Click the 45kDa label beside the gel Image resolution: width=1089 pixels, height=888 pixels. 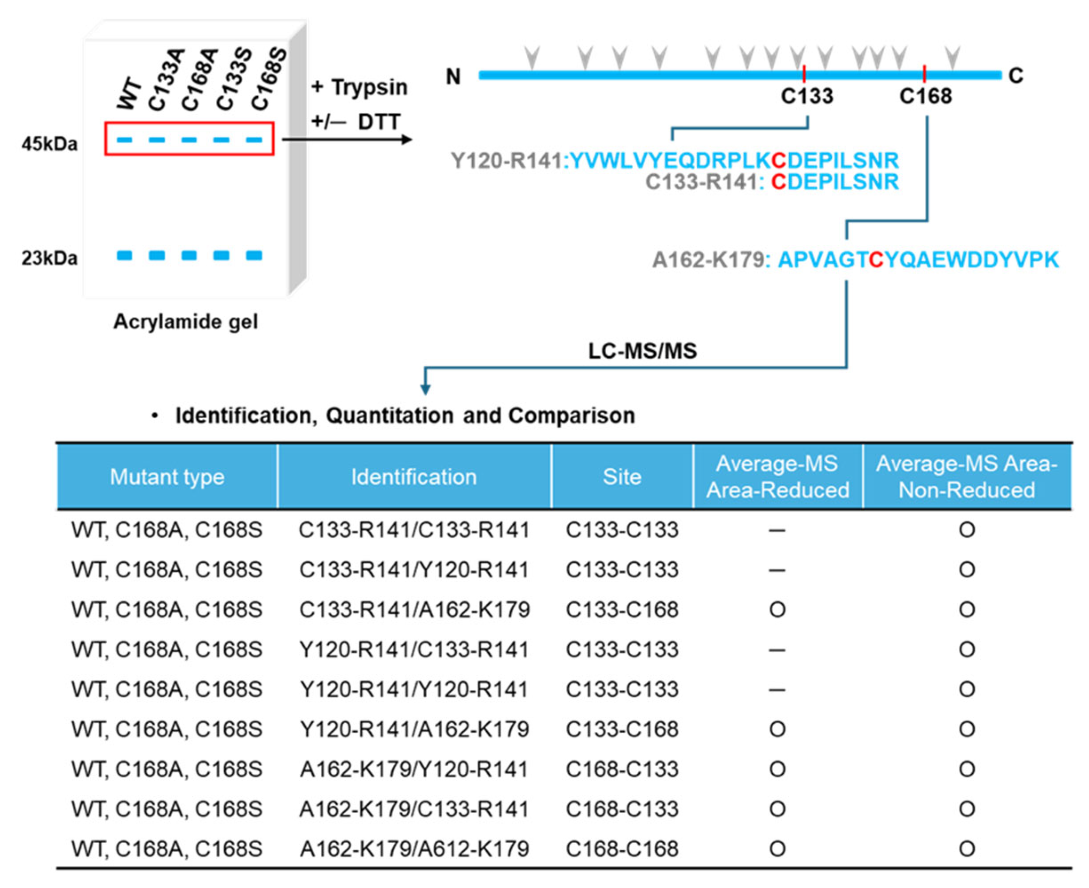point(50,144)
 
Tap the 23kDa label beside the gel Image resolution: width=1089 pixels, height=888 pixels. point(50,258)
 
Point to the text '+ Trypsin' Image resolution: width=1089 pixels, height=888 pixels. point(359,87)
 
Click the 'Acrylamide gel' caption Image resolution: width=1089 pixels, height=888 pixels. point(185,322)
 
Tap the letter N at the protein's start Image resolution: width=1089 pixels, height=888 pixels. point(453,77)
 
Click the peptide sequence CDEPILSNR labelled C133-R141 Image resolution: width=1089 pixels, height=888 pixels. point(834,182)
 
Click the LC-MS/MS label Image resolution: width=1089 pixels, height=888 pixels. point(642,351)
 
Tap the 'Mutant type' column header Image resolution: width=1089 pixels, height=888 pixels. point(167,477)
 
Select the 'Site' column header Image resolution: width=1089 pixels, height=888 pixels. point(622,477)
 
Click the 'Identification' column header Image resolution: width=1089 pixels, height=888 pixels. point(414,477)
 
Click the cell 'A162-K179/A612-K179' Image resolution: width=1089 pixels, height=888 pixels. point(414,849)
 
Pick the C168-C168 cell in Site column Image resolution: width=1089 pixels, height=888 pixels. point(622,849)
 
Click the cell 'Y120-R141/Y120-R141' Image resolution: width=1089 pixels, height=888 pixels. point(414,689)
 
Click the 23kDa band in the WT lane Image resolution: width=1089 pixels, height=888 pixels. point(124,255)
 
